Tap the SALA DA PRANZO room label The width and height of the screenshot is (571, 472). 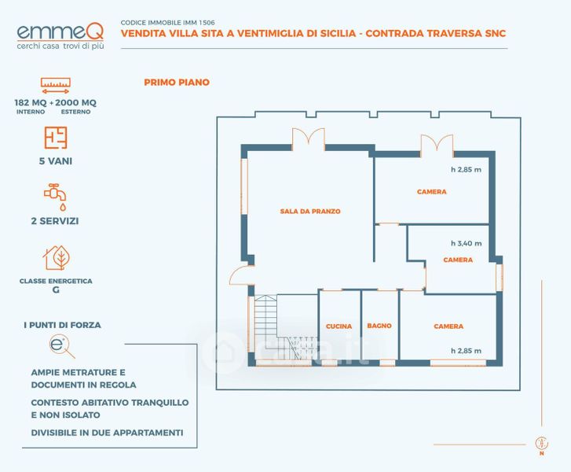[309, 212]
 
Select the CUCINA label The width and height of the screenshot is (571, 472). [339, 326]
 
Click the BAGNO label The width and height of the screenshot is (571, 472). [379, 326]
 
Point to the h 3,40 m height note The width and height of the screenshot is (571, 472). [466, 243]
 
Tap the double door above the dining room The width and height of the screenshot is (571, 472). [308, 138]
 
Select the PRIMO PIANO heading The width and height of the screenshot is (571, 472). [177, 82]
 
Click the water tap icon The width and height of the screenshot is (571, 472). [54, 194]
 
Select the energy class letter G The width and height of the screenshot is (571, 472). [56, 289]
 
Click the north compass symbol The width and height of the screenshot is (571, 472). [540, 444]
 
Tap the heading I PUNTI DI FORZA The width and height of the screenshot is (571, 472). [62, 324]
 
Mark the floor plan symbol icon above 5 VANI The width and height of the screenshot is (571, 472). [55, 137]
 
